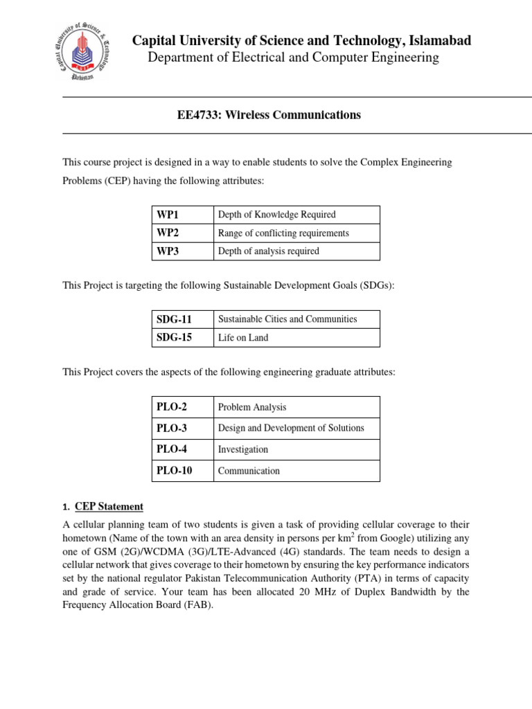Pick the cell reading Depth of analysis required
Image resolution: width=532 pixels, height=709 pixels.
point(269,251)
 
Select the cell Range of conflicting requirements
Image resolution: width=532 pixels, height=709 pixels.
point(283,233)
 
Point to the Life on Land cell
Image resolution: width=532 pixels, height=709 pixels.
point(243,338)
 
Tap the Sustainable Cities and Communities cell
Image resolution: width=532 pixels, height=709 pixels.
point(287,319)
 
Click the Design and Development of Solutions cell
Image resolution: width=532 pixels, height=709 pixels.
point(291,428)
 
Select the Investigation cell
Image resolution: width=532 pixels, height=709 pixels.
point(243,449)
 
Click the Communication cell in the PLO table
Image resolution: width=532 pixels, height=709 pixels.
point(249,471)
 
